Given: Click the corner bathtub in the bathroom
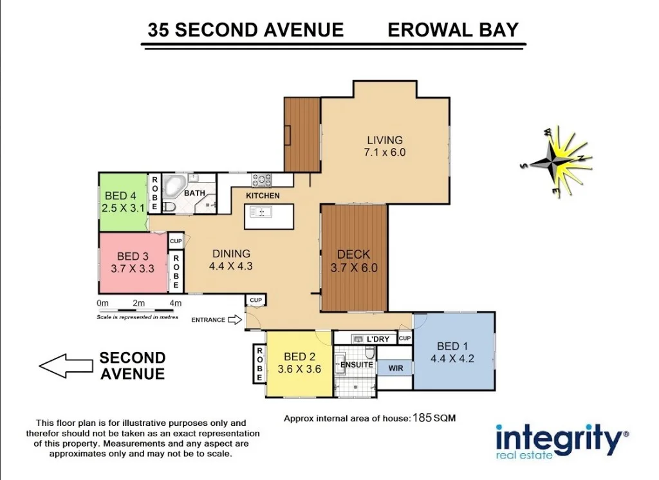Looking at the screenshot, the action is pos(174,187).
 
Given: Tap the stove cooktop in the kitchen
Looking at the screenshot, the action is pos(261,180).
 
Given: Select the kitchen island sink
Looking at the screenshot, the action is pos(261,212).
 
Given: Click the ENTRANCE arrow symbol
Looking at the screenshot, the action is pos(235,320).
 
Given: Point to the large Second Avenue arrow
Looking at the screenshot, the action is pos(66,365).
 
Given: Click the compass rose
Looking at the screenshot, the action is pos(557,162).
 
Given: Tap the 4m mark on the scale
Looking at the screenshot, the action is pos(175,303).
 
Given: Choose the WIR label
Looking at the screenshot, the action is pos(396,368).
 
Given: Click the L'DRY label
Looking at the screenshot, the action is pos(378,339).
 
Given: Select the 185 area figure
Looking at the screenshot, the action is pos(422,418).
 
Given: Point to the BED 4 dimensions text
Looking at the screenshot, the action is pos(123,208).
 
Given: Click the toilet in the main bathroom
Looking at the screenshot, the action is pos(169,207).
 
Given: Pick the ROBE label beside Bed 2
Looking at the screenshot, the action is pos(259,364).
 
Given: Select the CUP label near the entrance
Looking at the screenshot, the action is pos(256,300).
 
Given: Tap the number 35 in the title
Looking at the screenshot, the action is pos(158,30).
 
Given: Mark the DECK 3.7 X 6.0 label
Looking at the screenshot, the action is pos(354,261).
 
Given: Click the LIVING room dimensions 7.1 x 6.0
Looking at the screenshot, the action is pos(385,152).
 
